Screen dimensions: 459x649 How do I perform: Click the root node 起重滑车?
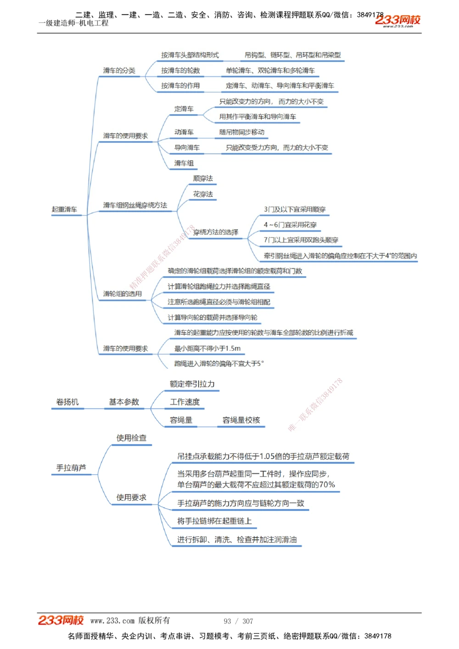64,210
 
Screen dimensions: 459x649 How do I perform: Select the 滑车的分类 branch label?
119,71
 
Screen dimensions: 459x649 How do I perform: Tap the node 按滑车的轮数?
180,71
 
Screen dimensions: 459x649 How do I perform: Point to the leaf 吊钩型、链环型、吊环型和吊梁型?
292,55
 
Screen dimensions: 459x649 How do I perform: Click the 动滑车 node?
184,132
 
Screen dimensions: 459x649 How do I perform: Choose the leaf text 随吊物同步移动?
242,132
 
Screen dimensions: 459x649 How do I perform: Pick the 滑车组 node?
184,163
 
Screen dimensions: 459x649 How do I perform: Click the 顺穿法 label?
203,178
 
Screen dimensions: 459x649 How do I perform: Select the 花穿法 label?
203,194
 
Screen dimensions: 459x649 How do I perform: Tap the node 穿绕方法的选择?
216,232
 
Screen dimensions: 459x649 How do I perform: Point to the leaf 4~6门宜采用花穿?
290,225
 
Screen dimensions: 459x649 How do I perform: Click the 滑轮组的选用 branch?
123,294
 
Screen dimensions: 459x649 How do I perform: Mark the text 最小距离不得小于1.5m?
207,349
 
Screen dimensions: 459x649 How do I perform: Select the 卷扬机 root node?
67,402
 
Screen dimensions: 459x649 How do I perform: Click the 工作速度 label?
185,402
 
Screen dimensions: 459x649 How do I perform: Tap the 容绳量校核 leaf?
241,420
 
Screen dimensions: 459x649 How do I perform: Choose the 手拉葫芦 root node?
71,468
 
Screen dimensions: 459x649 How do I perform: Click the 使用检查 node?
131,438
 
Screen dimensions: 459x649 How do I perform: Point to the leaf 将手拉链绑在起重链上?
214,521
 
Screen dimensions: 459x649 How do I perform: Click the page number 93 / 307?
238,621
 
